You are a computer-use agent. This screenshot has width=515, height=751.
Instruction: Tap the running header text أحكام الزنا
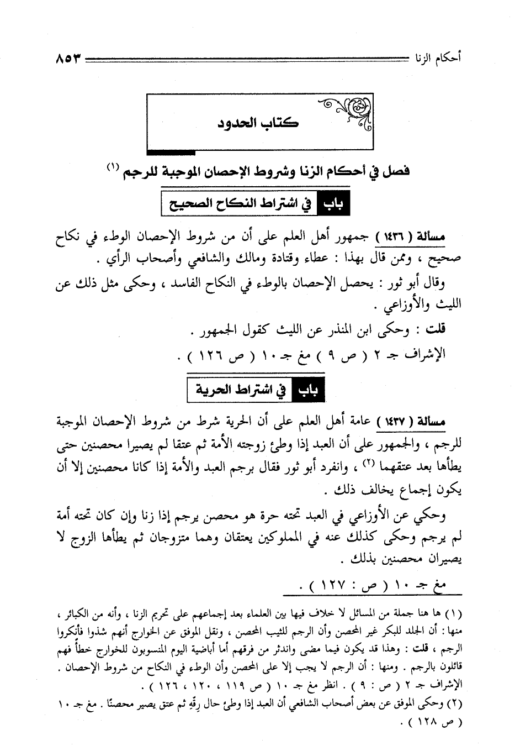pos(434,57)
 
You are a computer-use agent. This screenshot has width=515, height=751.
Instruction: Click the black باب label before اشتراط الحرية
pos(309,391)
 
